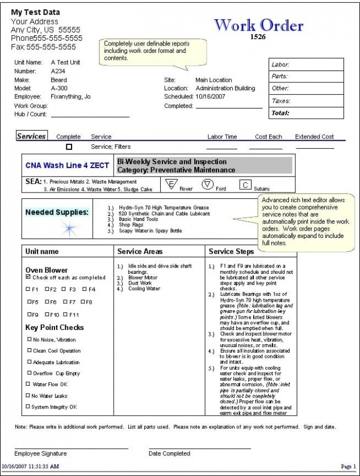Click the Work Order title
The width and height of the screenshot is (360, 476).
coord(258,25)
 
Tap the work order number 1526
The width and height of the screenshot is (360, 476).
coord(258,37)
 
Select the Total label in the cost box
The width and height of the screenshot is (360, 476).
coord(281,112)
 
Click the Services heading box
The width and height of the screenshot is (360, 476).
coord(31,136)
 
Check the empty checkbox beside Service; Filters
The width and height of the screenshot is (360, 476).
coord(69,147)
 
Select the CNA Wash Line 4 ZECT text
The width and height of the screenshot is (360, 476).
coord(67,166)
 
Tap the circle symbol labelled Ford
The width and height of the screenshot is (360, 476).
coord(207,183)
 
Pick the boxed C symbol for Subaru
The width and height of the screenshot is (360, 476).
coord(245,184)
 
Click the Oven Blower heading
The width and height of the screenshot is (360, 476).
coord(47,270)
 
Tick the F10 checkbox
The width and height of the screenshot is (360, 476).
coord(47,314)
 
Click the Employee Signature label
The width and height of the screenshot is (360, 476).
coord(40,453)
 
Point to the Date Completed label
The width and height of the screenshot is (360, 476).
coord(169,453)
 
